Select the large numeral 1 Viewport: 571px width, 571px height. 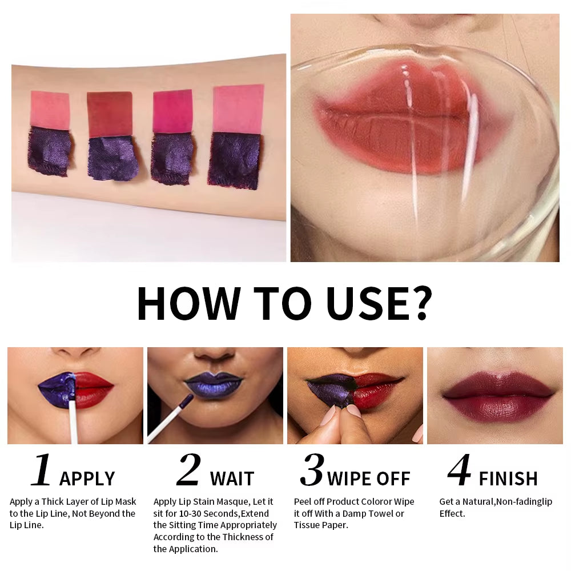click(41, 471)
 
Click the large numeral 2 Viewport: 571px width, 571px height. click(188, 471)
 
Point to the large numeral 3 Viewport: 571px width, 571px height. click(312, 471)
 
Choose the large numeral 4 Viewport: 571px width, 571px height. click(459, 471)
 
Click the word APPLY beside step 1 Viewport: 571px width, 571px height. click(87, 478)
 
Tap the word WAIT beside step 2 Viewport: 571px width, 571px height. click(232, 478)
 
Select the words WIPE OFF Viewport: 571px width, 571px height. click(369, 478)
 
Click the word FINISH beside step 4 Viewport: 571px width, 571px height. click(508, 478)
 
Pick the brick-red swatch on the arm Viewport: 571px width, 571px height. click(109, 114)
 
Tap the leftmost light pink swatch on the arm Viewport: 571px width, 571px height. click(50, 110)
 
